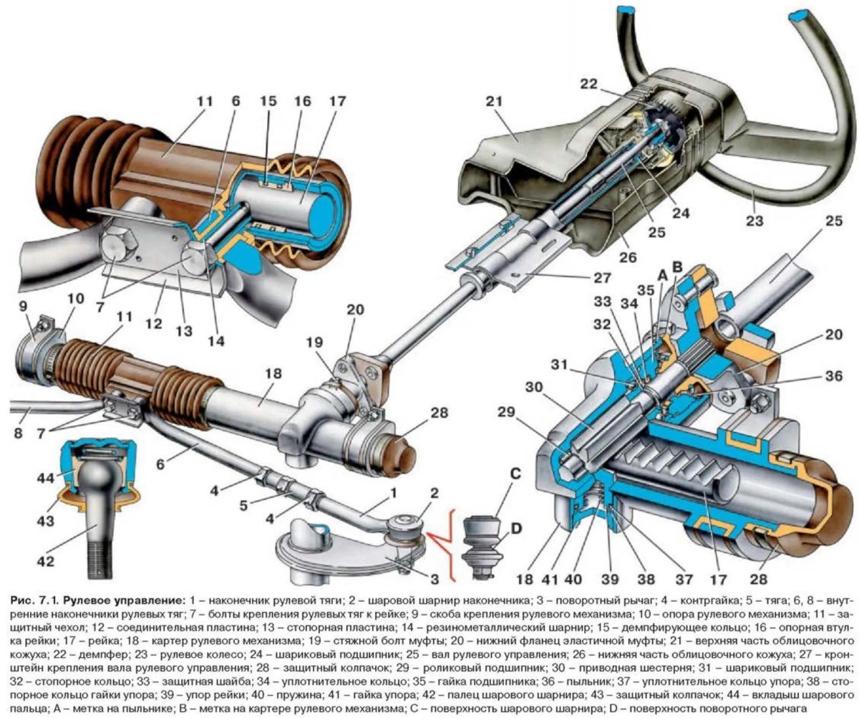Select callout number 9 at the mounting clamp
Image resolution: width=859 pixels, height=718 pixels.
tap(25, 305)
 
